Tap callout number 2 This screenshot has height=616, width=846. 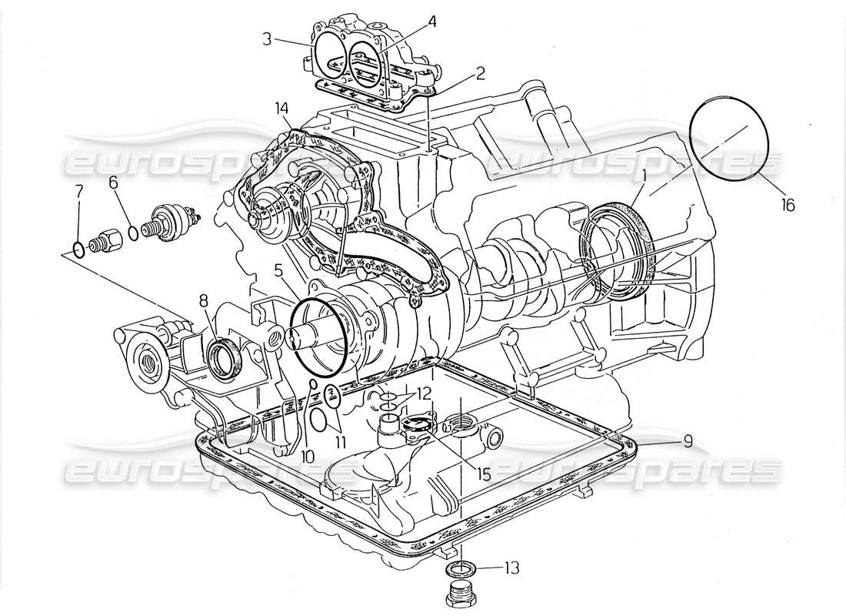pyautogui.click(x=480, y=75)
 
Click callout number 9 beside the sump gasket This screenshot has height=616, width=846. pyautogui.click(x=687, y=441)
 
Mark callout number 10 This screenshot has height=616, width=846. pyautogui.click(x=308, y=456)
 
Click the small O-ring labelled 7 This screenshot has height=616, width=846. pyautogui.click(x=78, y=248)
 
